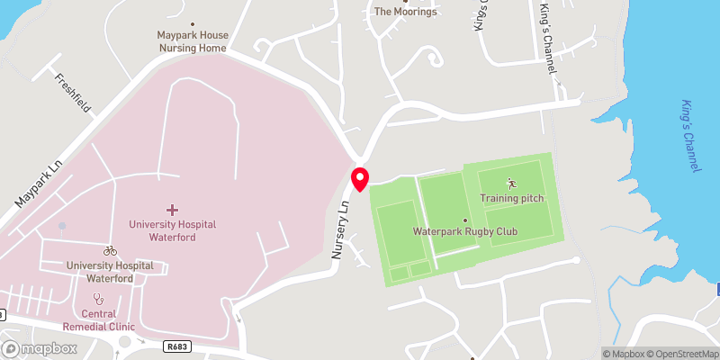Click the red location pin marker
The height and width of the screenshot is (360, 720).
pyautogui.click(x=360, y=178)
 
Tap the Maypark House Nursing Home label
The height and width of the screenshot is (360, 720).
pyautogui.click(x=193, y=40)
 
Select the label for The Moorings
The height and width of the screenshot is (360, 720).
pyautogui.click(x=405, y=12)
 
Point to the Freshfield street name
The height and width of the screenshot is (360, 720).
pyautogui.click(x=73, y=92)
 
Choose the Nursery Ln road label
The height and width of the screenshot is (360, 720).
pyautogui.click(x=341, y=230)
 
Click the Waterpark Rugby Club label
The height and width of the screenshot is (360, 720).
pyautogui.click(x=465, y=231)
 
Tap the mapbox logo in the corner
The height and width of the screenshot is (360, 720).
pyautogui.click(x=38, y=349)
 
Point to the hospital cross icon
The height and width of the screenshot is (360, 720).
pyautogui.click(x=172, y=209)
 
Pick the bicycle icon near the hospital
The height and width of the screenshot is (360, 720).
pyautogui.click(x=110, y=251)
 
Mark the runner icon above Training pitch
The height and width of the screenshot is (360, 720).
pyautogui.click(x=512, y=183)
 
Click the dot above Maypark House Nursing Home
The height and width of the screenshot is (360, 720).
pyautogui.click(x=193, y=24)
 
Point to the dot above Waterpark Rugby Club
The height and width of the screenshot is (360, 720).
pyautogui.click(x=465, y=220)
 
